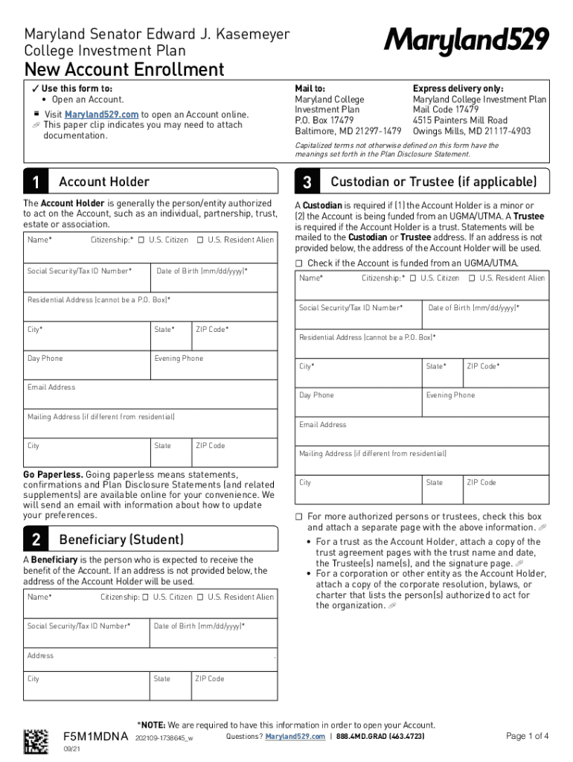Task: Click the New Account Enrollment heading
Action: (x=124, y=70)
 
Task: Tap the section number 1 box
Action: (x=36, y=182)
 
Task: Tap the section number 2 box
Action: (x=36, y=540)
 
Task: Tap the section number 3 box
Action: (x=307, y=182)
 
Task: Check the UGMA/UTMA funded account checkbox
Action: (x=299, y=263)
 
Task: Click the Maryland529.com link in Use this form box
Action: (x=101, y=115)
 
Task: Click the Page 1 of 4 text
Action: (x=527, y=737)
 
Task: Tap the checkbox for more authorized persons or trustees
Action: (x=299, y=516)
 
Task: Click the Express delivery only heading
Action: (x=458, y=89)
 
